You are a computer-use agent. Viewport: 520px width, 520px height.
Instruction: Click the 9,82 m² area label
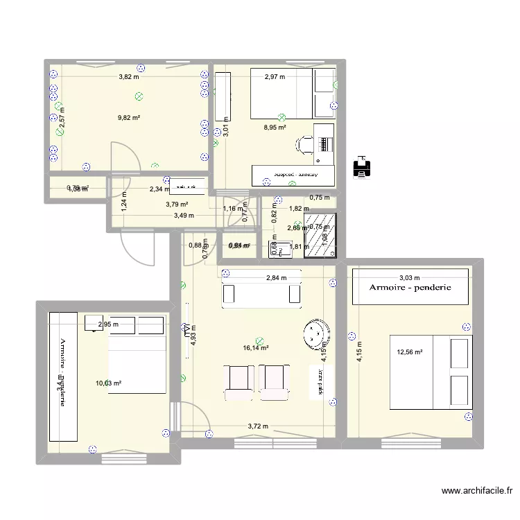coord(129,118)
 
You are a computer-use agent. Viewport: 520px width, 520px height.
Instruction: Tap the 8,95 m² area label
coord(275,128)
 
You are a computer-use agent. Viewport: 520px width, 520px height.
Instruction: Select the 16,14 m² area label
coord(256,348)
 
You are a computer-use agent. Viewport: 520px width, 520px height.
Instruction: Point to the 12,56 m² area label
coord(409,352)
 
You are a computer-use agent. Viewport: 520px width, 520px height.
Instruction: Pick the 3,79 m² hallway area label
coord(176,204)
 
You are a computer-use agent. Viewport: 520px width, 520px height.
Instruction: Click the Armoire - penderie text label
coord(410,286)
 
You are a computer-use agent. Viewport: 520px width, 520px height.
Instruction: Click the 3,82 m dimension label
coord(129,76)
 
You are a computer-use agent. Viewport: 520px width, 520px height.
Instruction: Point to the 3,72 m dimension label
coord(257,426)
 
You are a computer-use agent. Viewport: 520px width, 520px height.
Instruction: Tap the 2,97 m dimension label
coord(275,76)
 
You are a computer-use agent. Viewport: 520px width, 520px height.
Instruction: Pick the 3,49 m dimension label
coord(183,215)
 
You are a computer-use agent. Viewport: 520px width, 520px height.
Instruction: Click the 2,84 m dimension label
coord(277,278)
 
